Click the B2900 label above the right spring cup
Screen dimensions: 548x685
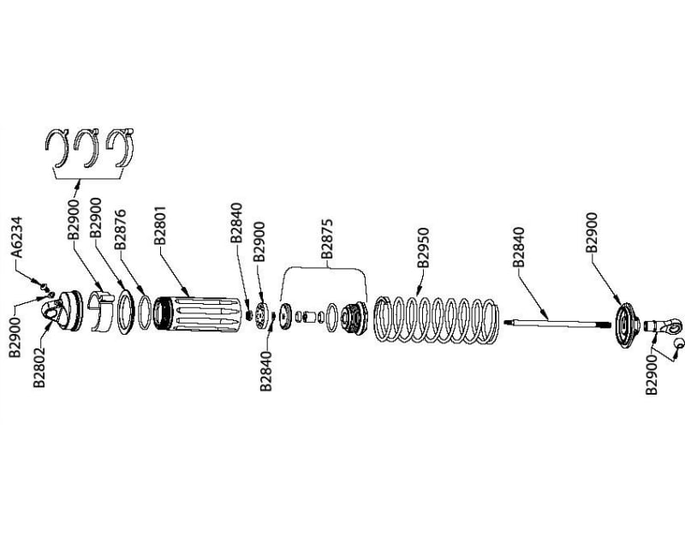click(x=593, y=232)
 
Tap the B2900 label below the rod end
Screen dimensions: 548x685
click(x=653, y=372)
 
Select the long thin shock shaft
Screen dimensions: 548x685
click(x=557, y=323)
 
